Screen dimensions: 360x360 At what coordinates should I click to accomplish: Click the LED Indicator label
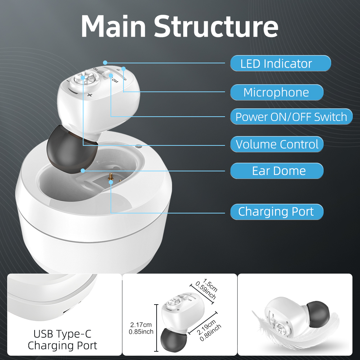tap(280, 63)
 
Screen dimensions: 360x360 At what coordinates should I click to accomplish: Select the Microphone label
tap(276, 92)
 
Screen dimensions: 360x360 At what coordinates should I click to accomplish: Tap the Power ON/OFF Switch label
tap(291, 117)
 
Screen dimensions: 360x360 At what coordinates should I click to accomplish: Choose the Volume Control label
tap(276, 144)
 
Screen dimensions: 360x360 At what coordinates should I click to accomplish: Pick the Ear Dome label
tap(276, 171)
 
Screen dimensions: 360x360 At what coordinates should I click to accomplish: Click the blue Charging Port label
tap(276, 212)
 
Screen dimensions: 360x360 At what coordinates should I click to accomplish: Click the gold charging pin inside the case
tap(111, 177)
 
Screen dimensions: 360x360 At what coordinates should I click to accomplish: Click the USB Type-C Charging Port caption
tap(62, 340)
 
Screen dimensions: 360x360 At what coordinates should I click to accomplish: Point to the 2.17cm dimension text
tap(141, 325)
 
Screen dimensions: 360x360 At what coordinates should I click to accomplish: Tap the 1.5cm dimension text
tap(210, 285)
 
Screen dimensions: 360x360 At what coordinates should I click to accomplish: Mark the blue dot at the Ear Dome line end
tap(83, 171)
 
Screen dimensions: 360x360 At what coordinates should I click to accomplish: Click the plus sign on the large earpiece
tap(90, 95)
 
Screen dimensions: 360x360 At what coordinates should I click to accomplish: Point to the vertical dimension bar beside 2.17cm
tap(156, 328)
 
